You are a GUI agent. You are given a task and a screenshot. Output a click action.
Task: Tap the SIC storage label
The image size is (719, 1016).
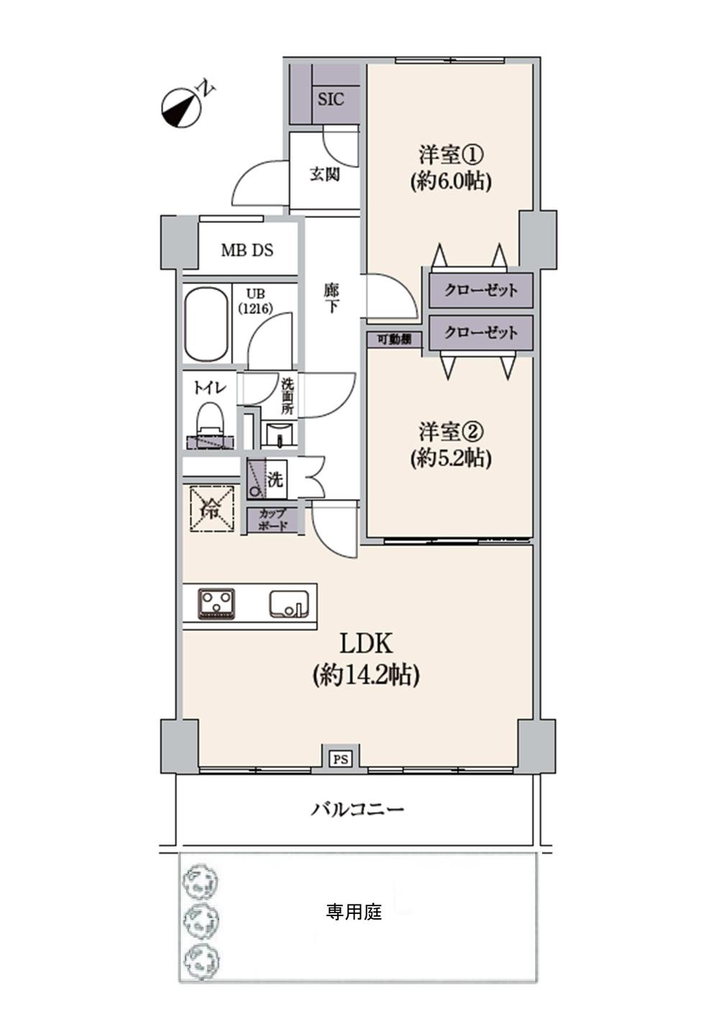pyautogui.click(x=331, y=99)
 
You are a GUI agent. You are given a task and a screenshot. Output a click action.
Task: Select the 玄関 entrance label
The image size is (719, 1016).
pyautogui.click(x=324, y=175)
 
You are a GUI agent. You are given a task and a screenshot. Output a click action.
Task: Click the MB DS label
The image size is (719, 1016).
pyautogui.click(x=247, y=251)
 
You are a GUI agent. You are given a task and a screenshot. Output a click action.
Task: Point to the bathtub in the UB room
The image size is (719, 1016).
pyautogui.click(x=207, y=324)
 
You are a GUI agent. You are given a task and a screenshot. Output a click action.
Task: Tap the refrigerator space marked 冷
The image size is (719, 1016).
pyautogui.click(x=213, y=509)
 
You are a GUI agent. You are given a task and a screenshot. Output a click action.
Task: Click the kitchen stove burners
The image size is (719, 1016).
pyautogui.click(x=216, y=603)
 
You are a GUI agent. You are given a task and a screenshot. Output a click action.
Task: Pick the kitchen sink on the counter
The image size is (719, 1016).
pyautogui.click(x=290, y=604)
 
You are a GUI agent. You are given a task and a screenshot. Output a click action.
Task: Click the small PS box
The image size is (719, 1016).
pyautogui.click(x=340, y=758)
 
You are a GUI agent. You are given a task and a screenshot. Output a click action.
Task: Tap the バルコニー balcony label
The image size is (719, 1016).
pyautogui.click(x=357, y=810)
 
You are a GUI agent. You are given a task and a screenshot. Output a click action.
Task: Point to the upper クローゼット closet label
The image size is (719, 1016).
pyautogui.click(x=481, y=290)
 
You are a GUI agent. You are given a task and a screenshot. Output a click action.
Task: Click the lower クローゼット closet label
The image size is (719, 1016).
pyautogui.click(x=481, y=333)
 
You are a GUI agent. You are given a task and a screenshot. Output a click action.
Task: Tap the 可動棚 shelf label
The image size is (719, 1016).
pyautogui.click(x=396, y=339)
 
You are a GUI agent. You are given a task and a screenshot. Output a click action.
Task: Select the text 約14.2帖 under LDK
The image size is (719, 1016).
pyautogui.click(x=366, y=675)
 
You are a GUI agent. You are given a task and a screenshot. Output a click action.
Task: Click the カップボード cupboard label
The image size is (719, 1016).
pyautogui.click(x=273, y=519)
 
